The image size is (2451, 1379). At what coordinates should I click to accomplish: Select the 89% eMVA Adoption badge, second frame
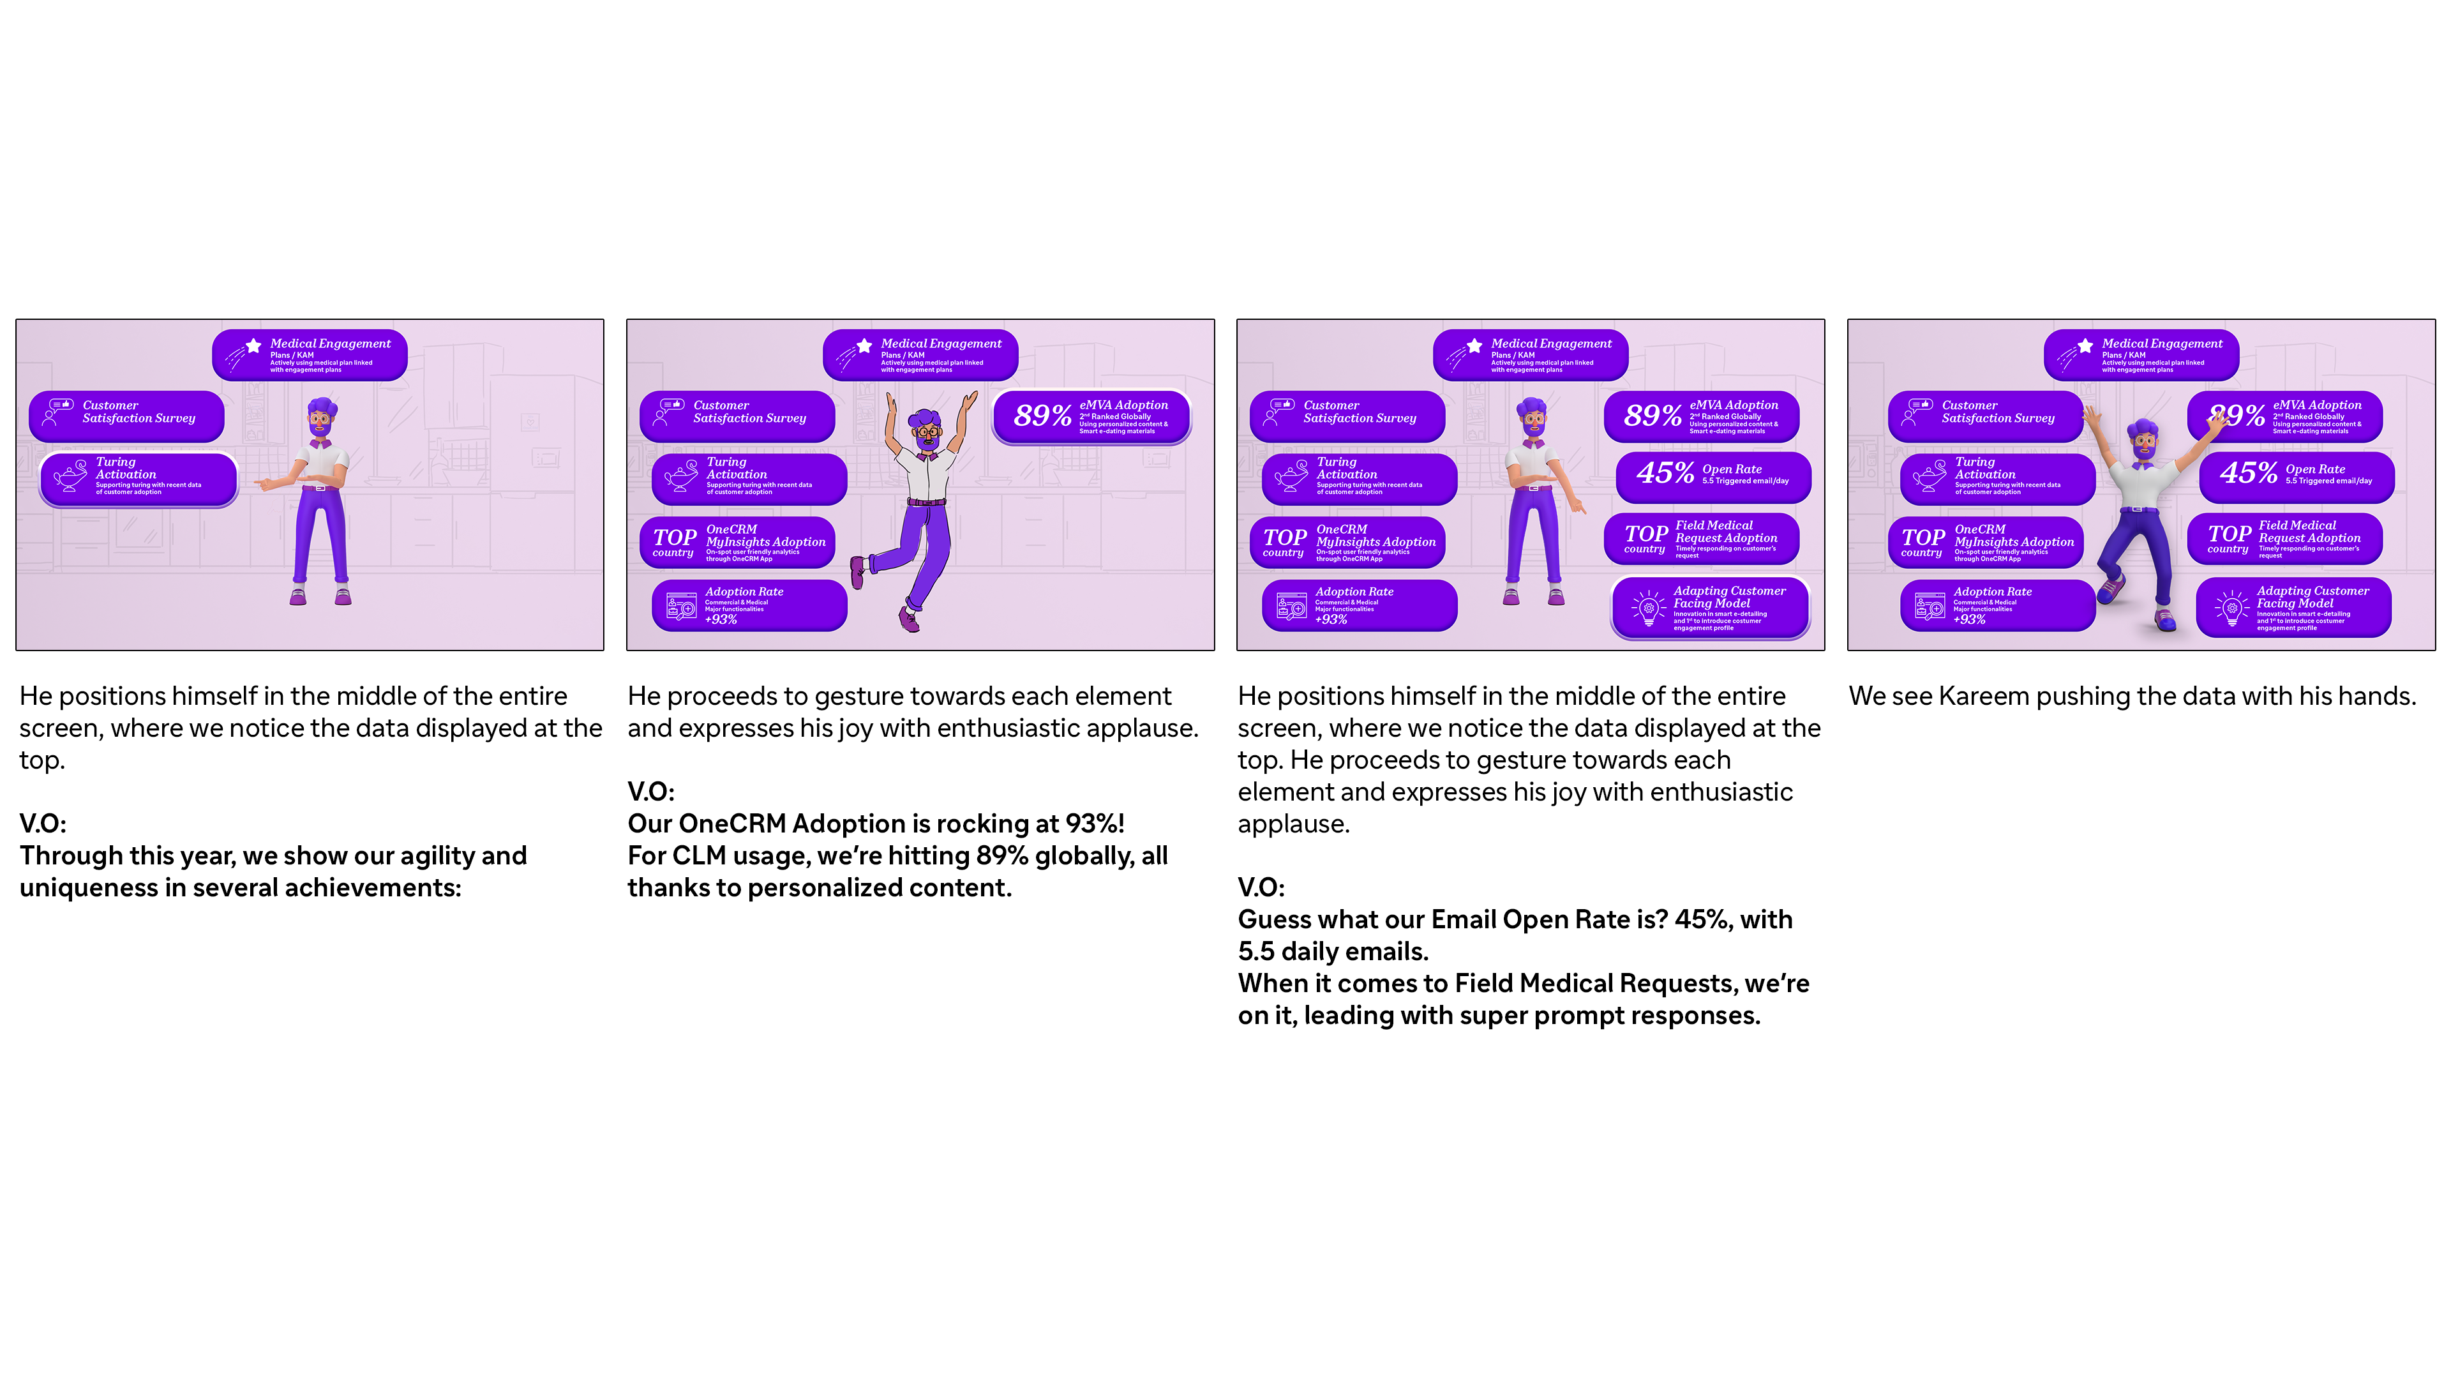point(1091,417)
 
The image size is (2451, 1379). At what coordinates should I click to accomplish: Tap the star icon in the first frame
point(254,345)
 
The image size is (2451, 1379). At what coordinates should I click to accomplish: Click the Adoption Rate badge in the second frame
point(749,605)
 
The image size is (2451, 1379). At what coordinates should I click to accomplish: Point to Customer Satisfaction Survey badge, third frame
point(1347,415)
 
